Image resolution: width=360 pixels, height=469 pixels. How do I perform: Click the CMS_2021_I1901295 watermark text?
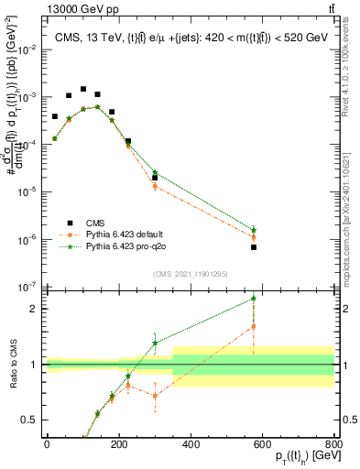[x=190, y=274]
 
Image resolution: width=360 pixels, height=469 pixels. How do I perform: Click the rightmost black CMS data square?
[x=254, y=247]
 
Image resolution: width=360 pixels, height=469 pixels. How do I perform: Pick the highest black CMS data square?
[x=83, y=90]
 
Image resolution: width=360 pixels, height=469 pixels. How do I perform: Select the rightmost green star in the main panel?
[x=254, y=230]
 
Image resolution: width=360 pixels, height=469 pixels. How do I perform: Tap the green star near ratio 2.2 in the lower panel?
[x=254, y=298]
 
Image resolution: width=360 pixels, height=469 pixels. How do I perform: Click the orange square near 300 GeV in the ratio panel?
[x=155, y=396]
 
